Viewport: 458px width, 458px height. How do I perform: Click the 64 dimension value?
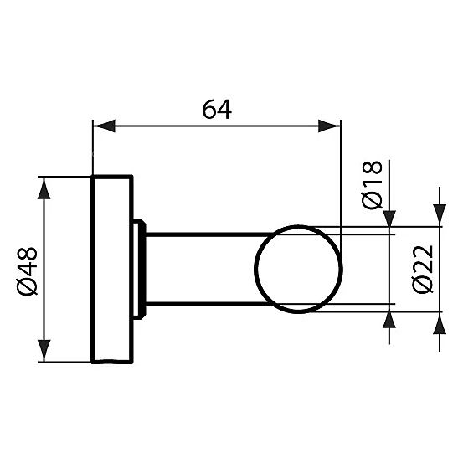click(215, 110)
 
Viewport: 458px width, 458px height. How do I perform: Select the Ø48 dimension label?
click(26, 269)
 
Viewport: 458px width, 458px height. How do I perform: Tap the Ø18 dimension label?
click(372, 185)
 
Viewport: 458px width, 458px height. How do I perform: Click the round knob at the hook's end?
click(299, 270)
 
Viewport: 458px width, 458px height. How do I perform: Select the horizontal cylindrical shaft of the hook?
click(201, 270)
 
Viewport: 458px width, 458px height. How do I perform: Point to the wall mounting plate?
click(111, 269)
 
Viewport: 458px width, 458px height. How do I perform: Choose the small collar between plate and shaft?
click(141, 269)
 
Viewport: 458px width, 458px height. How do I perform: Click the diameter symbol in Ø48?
click(26, 286)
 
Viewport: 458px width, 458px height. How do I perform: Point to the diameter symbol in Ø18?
click(372, 201)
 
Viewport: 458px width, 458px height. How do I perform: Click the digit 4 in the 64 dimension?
click(224, 110)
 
